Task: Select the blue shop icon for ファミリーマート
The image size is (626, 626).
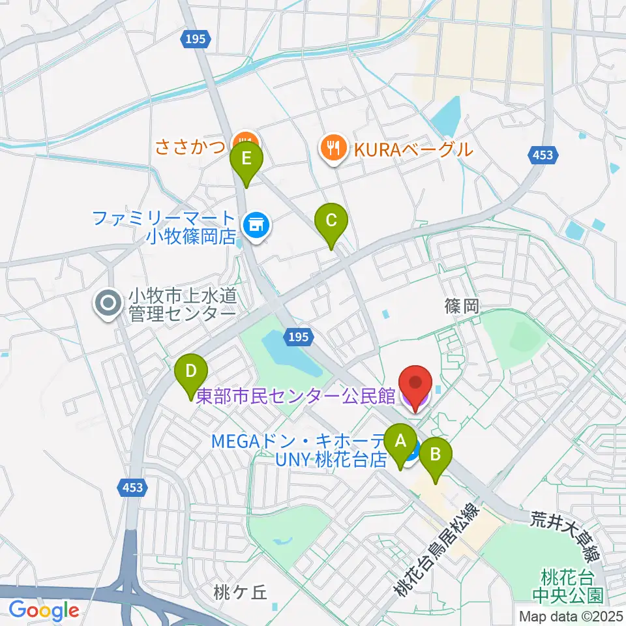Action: [x=254, y=226]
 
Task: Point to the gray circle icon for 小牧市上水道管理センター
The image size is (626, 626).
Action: [x=108, y=304]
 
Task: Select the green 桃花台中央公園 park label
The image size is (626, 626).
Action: [x=567, y=586]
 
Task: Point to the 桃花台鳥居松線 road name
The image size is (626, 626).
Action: [x=438, y=550]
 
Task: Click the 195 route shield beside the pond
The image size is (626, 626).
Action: [x=299, y=336]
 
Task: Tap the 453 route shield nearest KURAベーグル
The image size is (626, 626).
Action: [x=542, y=155]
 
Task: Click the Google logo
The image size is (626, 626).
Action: [x=44, y=610]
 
